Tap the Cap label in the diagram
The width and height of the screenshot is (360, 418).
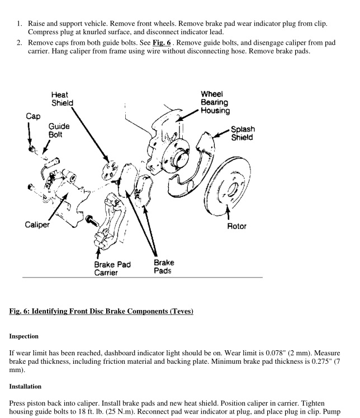33,116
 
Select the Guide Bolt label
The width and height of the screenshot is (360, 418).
58,131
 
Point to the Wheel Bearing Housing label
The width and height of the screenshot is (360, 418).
215,102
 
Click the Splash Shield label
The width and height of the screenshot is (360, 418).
242,133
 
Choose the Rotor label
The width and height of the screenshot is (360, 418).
237,226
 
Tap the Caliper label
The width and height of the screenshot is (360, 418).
37,225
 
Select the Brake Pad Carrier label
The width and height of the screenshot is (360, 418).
112,268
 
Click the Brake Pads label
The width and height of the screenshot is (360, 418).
164,266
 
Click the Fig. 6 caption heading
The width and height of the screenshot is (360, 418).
101,311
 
